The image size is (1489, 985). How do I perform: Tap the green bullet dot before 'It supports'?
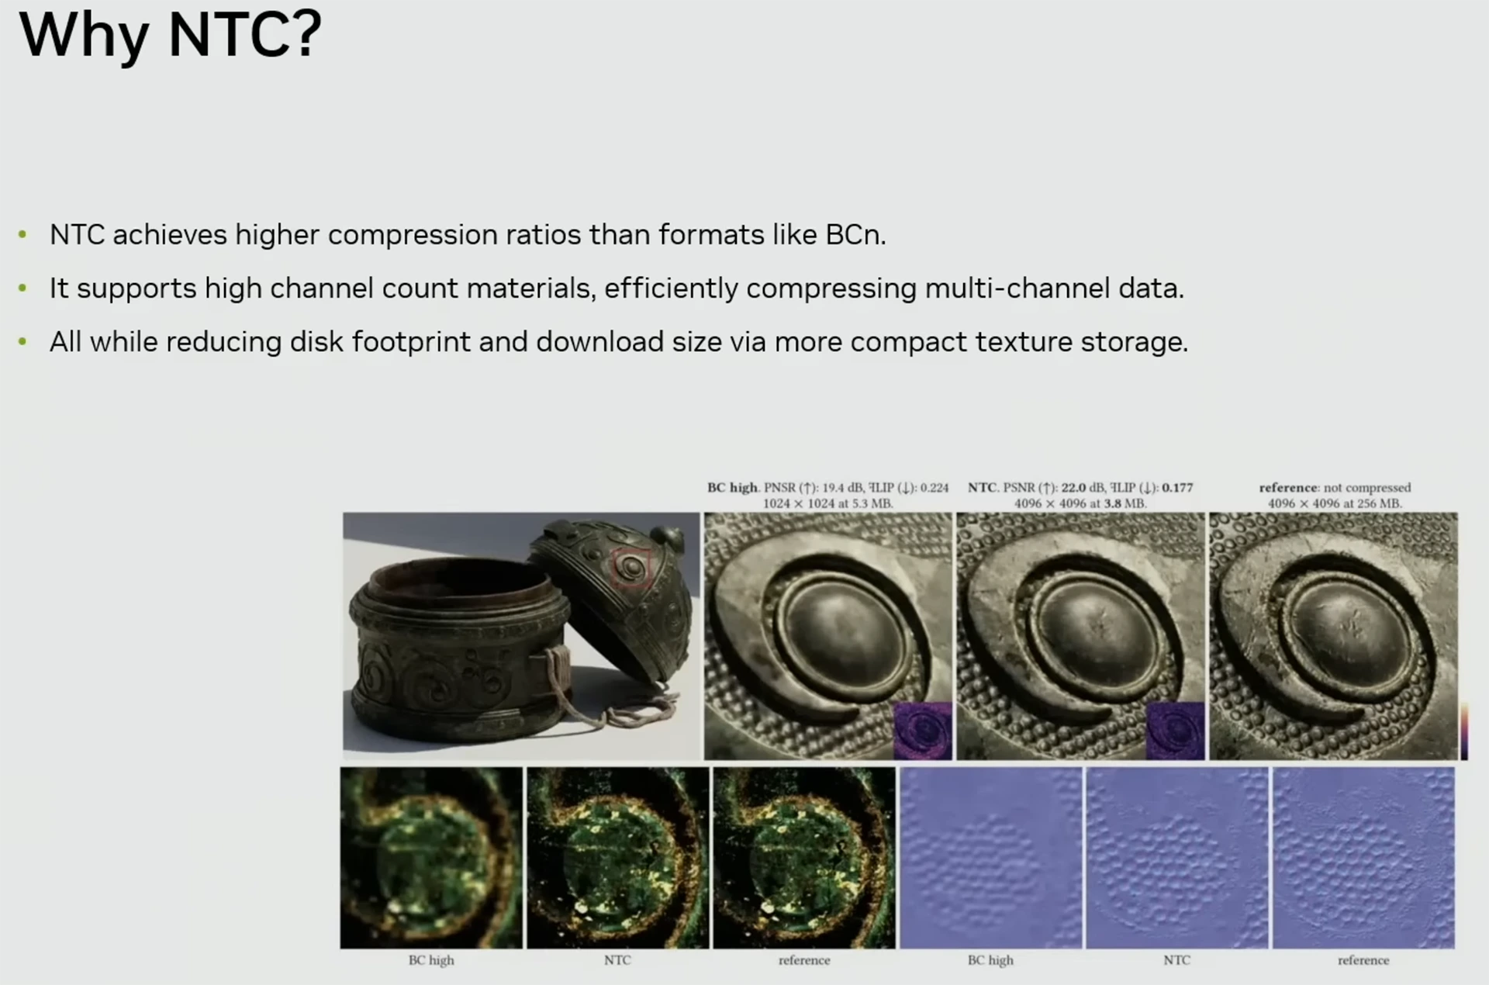(x=22, y=289)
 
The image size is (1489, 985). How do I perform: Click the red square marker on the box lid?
(x=631, y=568)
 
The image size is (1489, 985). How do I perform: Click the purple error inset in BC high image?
(x=922, y=731)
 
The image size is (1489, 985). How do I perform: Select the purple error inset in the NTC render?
(x=1175, y=731)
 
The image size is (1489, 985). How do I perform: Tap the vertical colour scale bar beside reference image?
(x=1464, y=731)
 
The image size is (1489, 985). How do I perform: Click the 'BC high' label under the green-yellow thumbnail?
(x=431, y=960)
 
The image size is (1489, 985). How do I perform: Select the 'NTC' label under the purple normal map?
(x=1176, y=960)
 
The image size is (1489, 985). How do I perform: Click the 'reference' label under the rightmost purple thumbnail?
(x=1363, y=960)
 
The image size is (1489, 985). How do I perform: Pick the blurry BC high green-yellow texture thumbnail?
(x=431, y=858)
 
